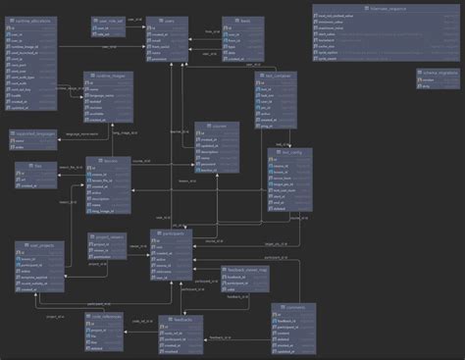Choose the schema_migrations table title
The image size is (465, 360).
pyautogui.click(x=437, y=74)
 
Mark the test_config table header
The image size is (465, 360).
pyautogui.click(x=290, y=152)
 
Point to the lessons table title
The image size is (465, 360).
pyautogui.click(x=108, y=161)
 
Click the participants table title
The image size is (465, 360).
pyautogui.click(x=175, y=233)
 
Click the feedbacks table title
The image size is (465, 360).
pyautogui.click(x=181, y=319)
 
